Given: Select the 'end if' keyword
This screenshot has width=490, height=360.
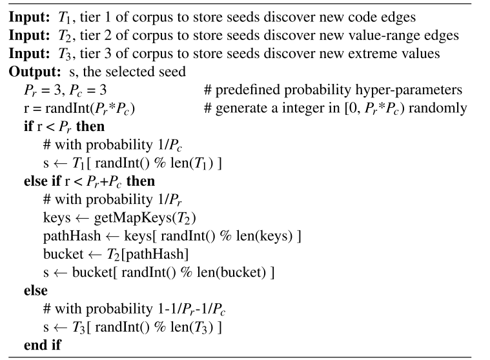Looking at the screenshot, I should (41, 345).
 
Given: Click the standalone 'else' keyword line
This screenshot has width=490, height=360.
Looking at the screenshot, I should (36, 291).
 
